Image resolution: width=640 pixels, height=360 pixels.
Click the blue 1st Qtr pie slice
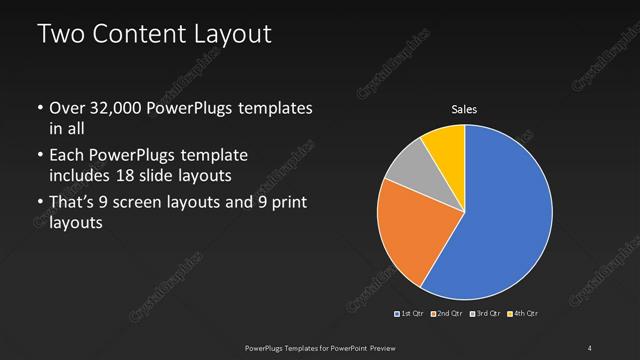point(505,215)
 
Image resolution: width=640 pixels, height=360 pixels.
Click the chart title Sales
point(464,109)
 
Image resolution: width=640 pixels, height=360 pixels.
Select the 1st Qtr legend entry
point(410,314)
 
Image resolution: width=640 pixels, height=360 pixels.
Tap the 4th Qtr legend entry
point(523,314)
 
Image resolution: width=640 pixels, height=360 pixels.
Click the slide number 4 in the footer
point(590,347)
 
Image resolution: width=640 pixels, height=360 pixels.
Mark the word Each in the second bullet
point(67,157)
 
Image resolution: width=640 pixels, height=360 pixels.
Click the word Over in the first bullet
point(68,109)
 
